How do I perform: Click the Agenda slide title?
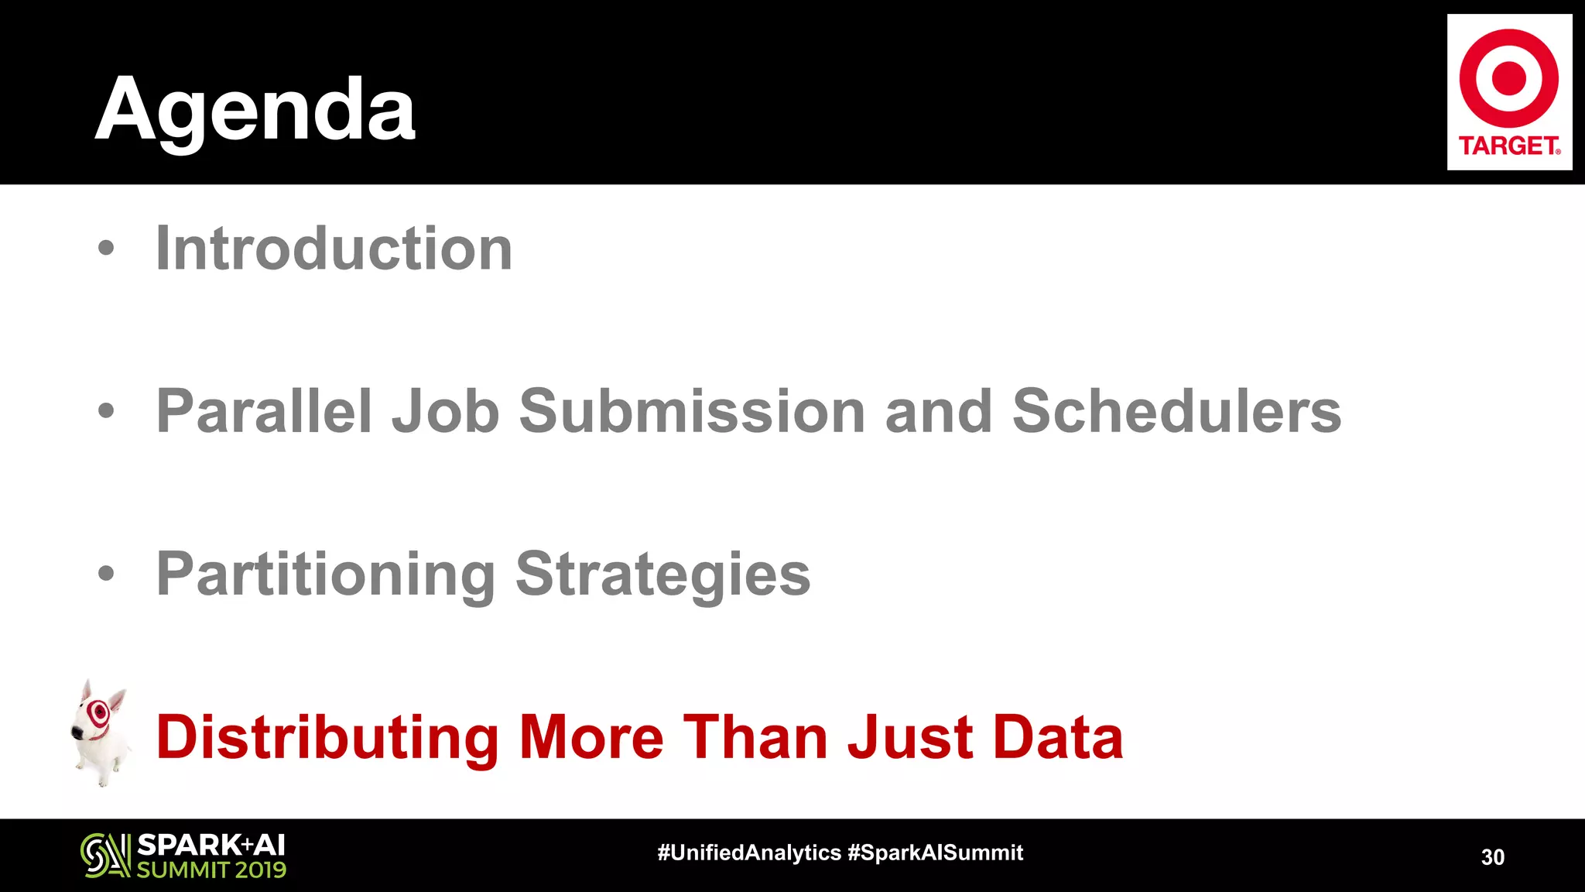[x=255, y=111]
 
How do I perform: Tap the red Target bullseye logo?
[x=1508, y=78]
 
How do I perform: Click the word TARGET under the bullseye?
[x=1508, y=146]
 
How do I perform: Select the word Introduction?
[x=334, y=249]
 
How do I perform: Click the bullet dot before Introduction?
[x=106, y=249]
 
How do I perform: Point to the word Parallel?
[x=264, y=411]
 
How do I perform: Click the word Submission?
[x=691, y=411]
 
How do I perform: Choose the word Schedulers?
[x=1176, y=411]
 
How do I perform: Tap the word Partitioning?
[x=326, y=574]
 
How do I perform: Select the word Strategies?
[x=663, y=574]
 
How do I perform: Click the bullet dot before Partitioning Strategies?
[x=106, y=574]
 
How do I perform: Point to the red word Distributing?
[x=327, y=736]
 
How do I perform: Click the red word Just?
[x=910, y=736]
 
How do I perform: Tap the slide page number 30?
[x=1492, y=857]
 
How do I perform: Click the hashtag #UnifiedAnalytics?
[x=748, y=853]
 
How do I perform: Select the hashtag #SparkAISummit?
[x=935, y=853]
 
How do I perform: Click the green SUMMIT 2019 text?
[x=211, y=870]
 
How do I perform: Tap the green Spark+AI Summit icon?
[x=105, y=856]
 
